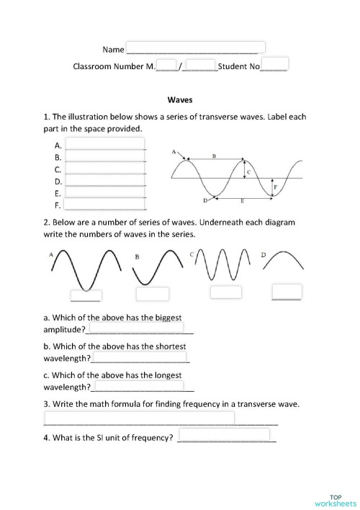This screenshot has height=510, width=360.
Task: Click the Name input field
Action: [x=196, y=48]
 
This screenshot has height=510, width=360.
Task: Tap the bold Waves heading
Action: [x=179, y=101]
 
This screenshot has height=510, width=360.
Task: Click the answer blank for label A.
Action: [x=104, y=144]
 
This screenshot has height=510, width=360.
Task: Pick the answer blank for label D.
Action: [x=104, y=181]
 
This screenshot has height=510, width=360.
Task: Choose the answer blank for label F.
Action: [x=104, y=205]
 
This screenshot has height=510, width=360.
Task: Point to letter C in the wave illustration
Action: [x=248, y=173]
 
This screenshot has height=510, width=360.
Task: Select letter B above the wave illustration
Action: [x=214, y=156]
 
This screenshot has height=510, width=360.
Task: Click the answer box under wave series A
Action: [x=86, y=295]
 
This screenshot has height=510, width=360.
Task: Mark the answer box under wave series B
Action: [x=153, y=294]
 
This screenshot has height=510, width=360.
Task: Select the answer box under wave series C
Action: [x=225, y=291]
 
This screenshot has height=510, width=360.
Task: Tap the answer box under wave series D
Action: [x=287, y=291]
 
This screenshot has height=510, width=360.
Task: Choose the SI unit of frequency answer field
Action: [x=224, y=435]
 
